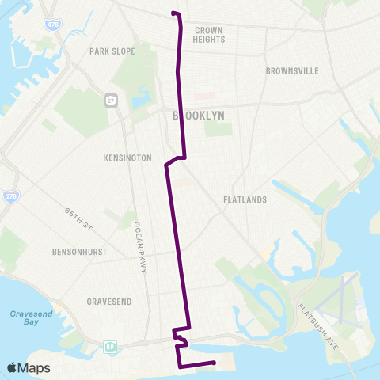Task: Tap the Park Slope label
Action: pyautogui.click(x=112, y=51)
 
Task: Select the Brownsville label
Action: pyautogui.click(x=292, y=71)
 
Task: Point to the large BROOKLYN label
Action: pyautogui.click(x=198, y=116)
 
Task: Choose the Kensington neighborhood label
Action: pyautogui.click(x=127, y=158)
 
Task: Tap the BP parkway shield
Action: pyautogui.click(x=110, y=346)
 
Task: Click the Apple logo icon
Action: pyautogui.click(x=12, y=368)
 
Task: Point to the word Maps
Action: pyautogui.click(x=35, y=368)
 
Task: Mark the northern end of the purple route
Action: pyautogui.click(x=173, y=13)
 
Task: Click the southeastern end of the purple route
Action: pyautogui.click(x=215, y=363)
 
